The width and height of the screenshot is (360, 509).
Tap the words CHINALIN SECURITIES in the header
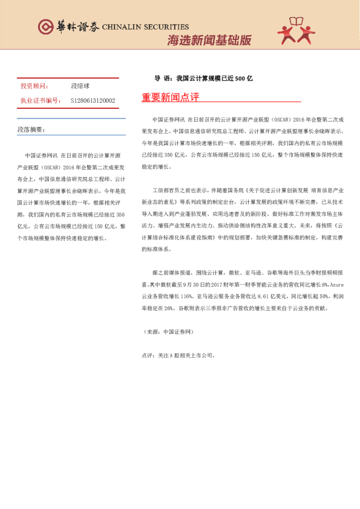tap(145, 27)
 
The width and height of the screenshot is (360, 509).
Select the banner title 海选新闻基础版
tap(209, 41)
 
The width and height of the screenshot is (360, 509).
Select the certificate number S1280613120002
tap(93, 100)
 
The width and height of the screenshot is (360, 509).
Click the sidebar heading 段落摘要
tap(31, 130)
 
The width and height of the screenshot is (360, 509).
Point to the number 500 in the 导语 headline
tap(240, 79)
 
